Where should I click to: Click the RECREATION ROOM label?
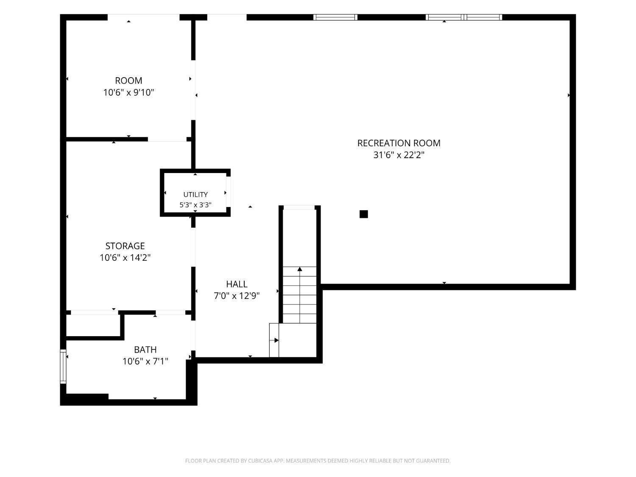coord(399,143)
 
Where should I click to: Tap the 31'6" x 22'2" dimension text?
coord(399,155)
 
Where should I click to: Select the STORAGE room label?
coord(125,246)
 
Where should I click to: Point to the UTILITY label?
coord(195,194)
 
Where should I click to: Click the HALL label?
coord(237,284)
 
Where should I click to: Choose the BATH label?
coord(145,349)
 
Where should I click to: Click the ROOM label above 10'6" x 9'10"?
coord(128,81)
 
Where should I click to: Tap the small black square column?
coord(364,214)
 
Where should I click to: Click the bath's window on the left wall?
coord(63,366)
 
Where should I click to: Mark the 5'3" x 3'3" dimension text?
coord(195,205)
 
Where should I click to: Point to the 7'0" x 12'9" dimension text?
coord(237,296)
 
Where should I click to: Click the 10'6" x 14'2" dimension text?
coord(125,257)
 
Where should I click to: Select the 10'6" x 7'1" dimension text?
coord(145,361)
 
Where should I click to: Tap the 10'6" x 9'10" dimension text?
coord(128,92)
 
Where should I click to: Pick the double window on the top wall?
coord(463,17)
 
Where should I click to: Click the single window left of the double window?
coord(335,17)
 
